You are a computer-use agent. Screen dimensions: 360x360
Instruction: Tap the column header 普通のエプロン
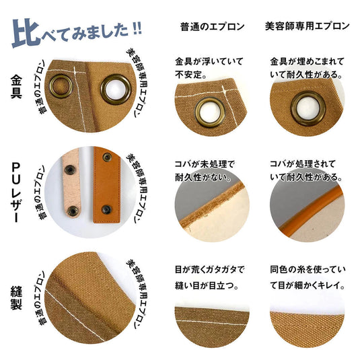click(211, 27)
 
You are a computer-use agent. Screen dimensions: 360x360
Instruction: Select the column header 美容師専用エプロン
click(307, 27)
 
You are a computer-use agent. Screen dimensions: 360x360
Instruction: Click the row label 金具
click(17, 85)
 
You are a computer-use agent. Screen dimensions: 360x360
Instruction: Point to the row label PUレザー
click(17, 192)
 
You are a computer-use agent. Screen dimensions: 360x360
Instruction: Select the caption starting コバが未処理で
click(210, 172)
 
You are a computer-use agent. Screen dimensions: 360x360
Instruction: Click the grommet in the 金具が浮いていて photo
click(209, 110)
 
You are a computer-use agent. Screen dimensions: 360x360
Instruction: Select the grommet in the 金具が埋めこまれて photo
click(305, 108)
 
